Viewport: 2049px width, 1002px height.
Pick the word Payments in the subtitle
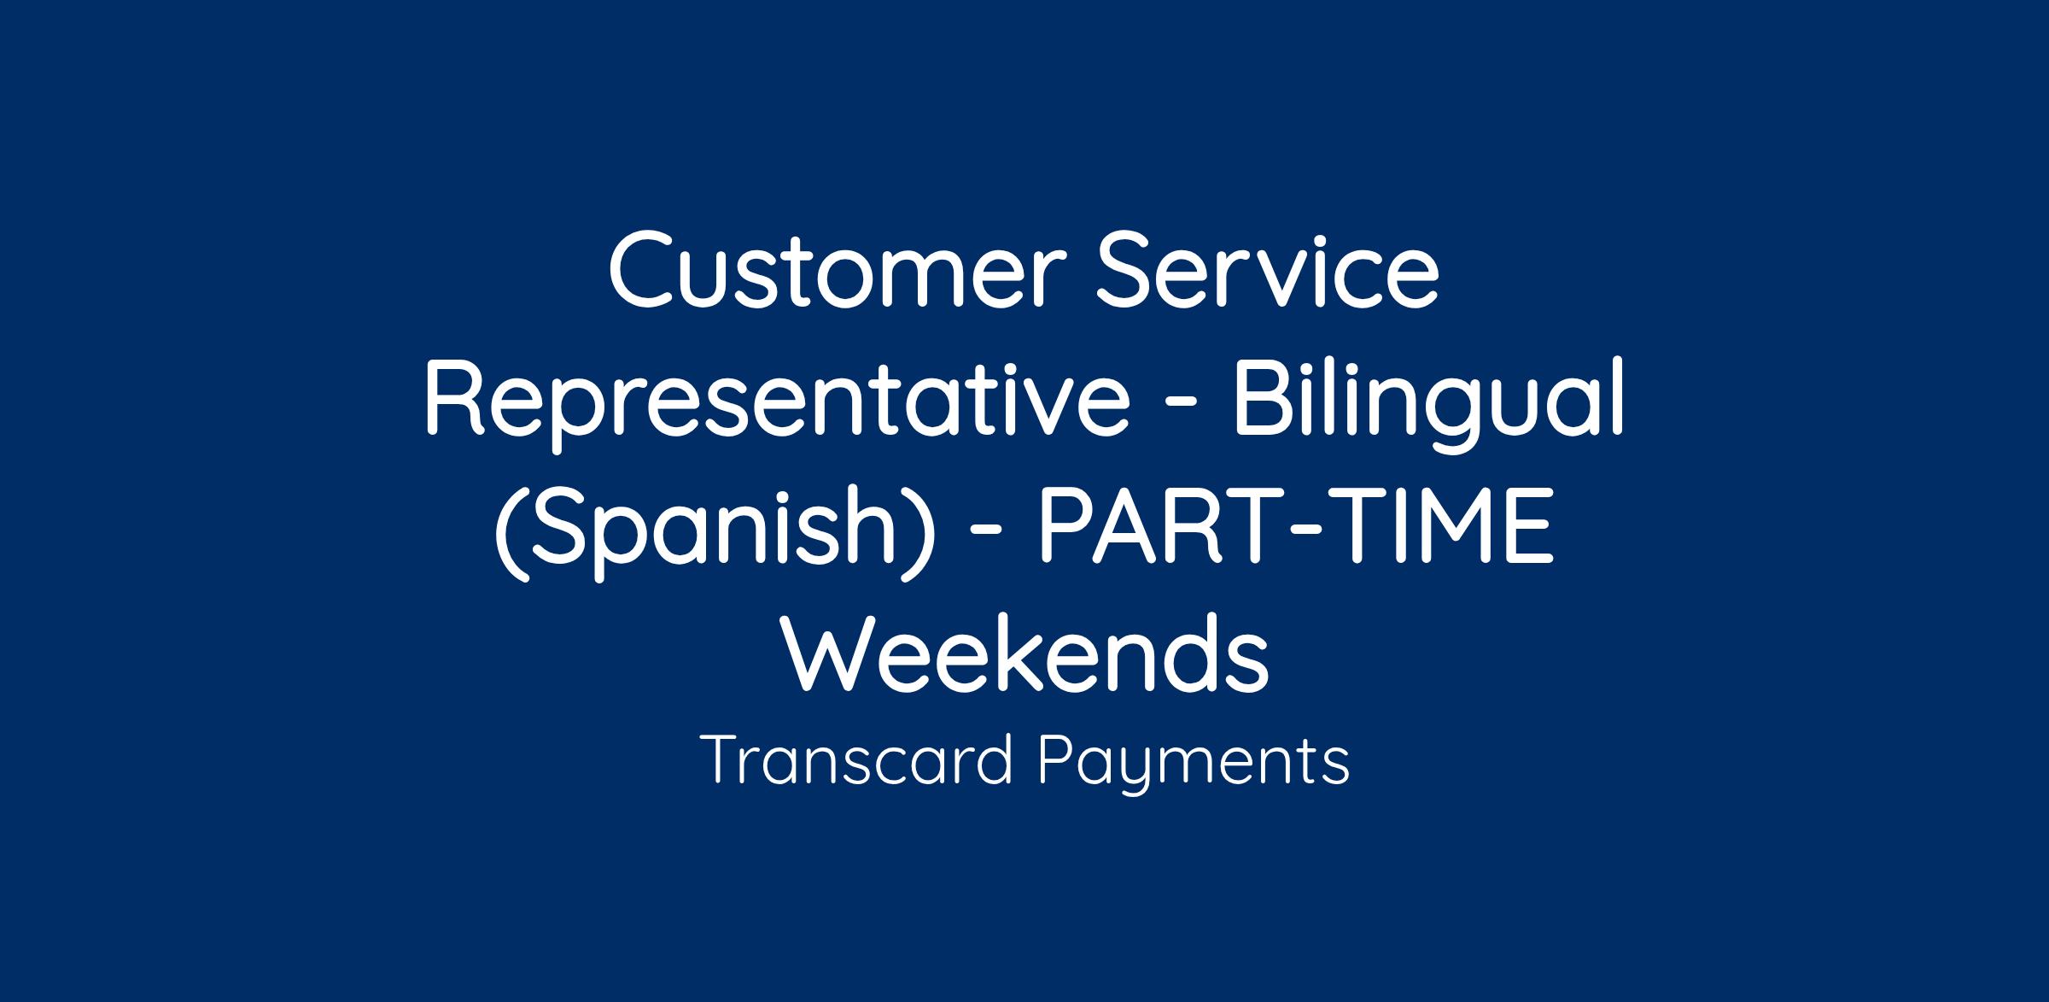click(x=1194, y=763)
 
